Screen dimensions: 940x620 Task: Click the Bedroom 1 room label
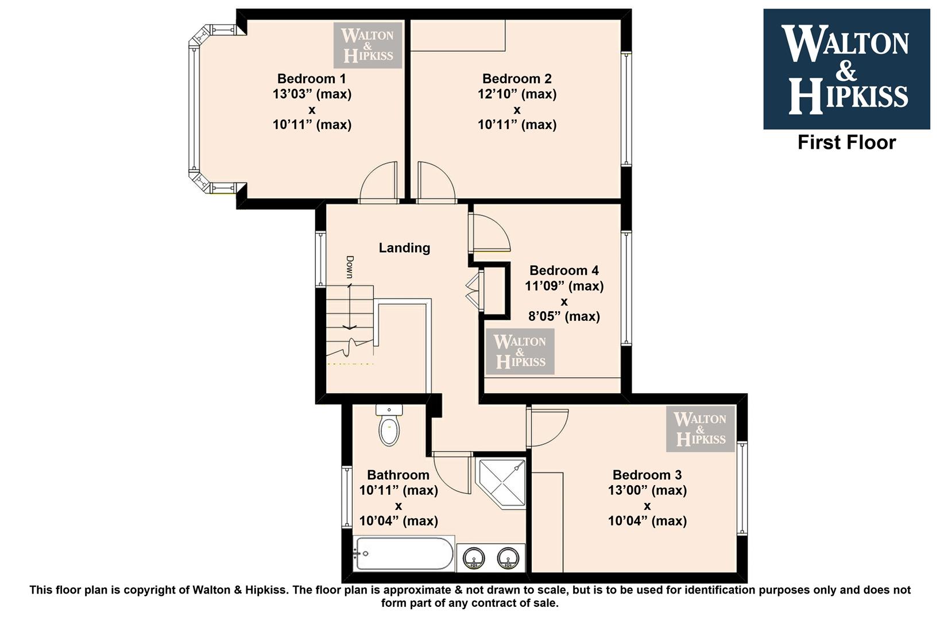(311, 79)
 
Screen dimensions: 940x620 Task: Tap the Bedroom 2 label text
(517, 79)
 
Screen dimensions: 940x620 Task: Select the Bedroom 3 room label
(647, 475)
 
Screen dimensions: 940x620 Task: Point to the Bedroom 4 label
(564, 270)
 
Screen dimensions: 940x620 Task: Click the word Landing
(404, 248)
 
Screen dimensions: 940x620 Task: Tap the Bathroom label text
(399, 475)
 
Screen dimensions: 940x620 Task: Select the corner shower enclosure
(500, 484)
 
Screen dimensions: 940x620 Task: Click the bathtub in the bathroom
(404, 553)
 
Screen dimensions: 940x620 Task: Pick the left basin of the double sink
(474, 559)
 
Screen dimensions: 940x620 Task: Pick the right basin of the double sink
(508, 559)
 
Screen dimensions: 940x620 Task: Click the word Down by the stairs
(350, 267)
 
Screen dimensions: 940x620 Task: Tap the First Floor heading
(847, 142)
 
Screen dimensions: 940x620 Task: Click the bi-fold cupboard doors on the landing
(475, 290)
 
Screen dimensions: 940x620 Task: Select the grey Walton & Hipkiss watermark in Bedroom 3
(701, 429)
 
